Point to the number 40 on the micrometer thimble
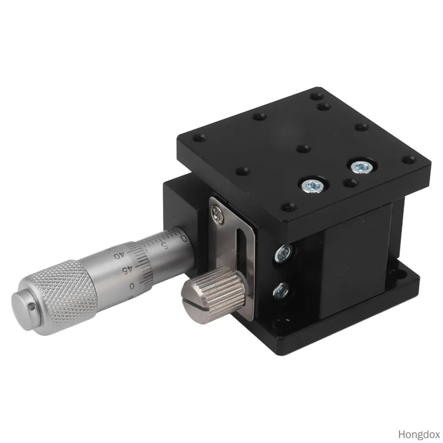119,255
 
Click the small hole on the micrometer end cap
31,306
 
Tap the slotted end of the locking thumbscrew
194,305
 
